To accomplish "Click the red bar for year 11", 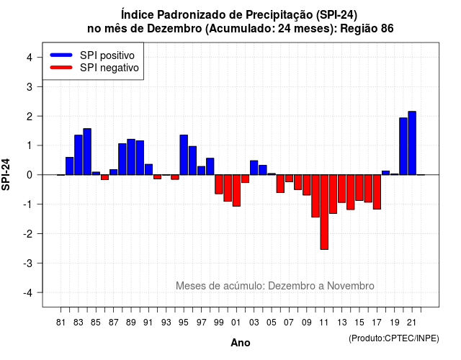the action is (x=324, y=212).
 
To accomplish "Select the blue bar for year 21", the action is (x=412, y=143).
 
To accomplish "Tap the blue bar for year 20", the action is (x=403, y=146).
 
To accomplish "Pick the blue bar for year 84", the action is (x=87, y=152).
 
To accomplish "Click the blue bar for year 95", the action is (x=184, y=155).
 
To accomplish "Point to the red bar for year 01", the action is (x=236, y=190).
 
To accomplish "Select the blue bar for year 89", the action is (x=131, y=157).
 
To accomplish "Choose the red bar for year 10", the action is (x=315, y=196).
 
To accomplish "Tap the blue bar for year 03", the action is (x=254, y=168).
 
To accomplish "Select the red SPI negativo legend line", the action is (x=61, y=68).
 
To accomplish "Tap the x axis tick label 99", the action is (x=219, y=323).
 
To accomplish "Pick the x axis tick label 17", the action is (x=377, y=323).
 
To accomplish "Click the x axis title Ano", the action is (x=241, y=343).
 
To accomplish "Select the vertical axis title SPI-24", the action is (x=6, y=174).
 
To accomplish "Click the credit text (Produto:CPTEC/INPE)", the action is (x=394, y=338).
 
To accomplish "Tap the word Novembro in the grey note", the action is (x=351, y=286).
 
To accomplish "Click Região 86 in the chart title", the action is (x=367, y=29).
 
